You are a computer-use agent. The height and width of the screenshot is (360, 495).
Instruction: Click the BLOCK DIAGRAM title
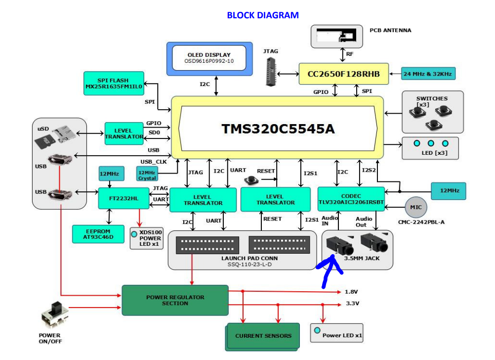262,15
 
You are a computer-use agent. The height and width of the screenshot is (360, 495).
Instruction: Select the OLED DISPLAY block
209,58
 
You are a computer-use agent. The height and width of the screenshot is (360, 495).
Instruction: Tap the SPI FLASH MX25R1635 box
113,83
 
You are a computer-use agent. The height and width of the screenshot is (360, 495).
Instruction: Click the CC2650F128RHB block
344,74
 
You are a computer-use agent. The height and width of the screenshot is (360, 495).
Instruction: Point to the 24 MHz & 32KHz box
428,74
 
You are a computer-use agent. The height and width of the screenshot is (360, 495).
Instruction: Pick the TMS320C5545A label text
278,129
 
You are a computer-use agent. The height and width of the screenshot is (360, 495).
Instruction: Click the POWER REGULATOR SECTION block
175,300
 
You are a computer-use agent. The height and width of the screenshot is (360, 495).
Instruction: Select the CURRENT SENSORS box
263,336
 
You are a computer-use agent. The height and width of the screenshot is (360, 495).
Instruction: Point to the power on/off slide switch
55,314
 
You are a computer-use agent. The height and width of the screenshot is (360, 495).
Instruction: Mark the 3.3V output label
353,304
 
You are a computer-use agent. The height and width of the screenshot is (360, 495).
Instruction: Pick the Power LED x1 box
337,334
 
